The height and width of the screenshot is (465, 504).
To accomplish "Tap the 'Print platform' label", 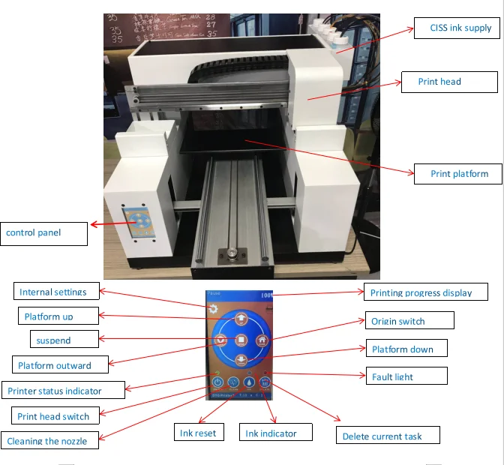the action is tap(459, 174).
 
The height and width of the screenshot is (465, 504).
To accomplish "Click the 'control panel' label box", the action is tap(43, 233).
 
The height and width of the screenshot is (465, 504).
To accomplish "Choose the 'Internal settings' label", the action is tap(56, 292).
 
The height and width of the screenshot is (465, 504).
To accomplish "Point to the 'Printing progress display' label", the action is tap(426, 292).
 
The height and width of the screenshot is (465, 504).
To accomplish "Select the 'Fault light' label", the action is tap(405, 376).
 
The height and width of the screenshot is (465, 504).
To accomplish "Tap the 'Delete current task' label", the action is tap(387, 436).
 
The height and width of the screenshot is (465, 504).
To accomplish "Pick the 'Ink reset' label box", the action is tap(198, 433).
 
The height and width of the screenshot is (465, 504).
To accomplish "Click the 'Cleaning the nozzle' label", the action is tap(50, 441).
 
